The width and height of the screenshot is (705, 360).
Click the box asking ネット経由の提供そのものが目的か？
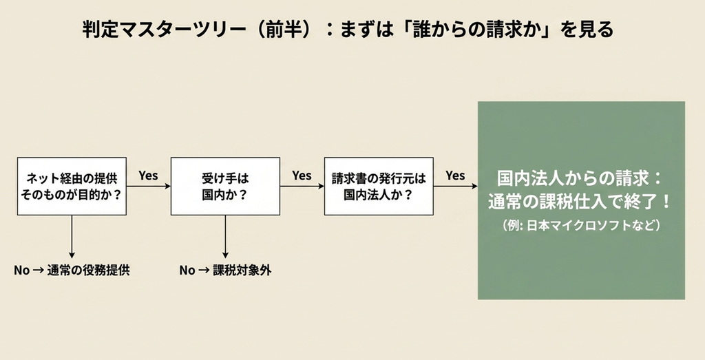click(72, 186)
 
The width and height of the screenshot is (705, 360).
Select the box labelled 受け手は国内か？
click(225, 186)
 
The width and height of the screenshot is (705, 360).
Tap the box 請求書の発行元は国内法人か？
click(379, 186)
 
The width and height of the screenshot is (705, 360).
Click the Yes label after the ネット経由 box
click(149, 176)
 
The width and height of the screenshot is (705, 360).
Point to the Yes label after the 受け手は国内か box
click(302, 176)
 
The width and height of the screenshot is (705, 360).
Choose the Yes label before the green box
click(456, 176)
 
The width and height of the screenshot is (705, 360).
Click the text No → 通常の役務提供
click(72, 270)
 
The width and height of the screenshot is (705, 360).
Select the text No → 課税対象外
click(225, 270)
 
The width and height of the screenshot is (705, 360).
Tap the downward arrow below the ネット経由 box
click(72, 237)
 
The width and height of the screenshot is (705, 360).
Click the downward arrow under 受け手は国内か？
click(225, 237)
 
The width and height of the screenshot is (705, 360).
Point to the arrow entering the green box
click(456, 186)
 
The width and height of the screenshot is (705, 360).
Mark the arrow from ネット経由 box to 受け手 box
click(149, 186)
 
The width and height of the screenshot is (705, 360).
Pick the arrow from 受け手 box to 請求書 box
click(302, 186)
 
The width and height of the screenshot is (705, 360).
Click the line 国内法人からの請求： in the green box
click(580, 178)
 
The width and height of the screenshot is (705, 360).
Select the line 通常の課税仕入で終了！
click(580, 202)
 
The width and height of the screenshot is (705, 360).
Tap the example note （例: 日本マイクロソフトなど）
click(580, 224)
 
